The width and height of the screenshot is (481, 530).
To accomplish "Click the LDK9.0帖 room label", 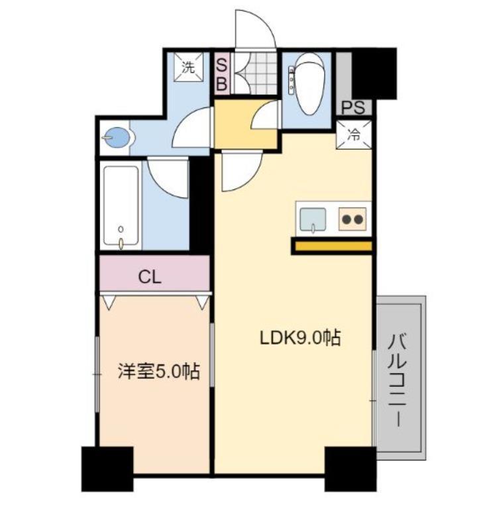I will (x=300, y=338).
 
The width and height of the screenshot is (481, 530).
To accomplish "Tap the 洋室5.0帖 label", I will (x=158, y=372).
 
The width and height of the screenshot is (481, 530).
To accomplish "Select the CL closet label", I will (x=150, y=277).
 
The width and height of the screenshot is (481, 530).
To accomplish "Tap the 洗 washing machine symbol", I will (x=189, y=66).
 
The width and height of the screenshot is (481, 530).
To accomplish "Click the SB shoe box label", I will (x=223, y=74).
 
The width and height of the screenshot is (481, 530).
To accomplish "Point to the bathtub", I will (x=121, y=207).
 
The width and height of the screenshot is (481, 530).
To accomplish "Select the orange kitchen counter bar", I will (x=332, y=247).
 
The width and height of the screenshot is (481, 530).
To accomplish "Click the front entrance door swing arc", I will (x=254, y=30).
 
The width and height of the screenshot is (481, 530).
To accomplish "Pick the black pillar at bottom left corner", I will (x=107, y=469).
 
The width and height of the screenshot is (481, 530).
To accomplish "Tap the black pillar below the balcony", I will (x=350, y=469).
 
